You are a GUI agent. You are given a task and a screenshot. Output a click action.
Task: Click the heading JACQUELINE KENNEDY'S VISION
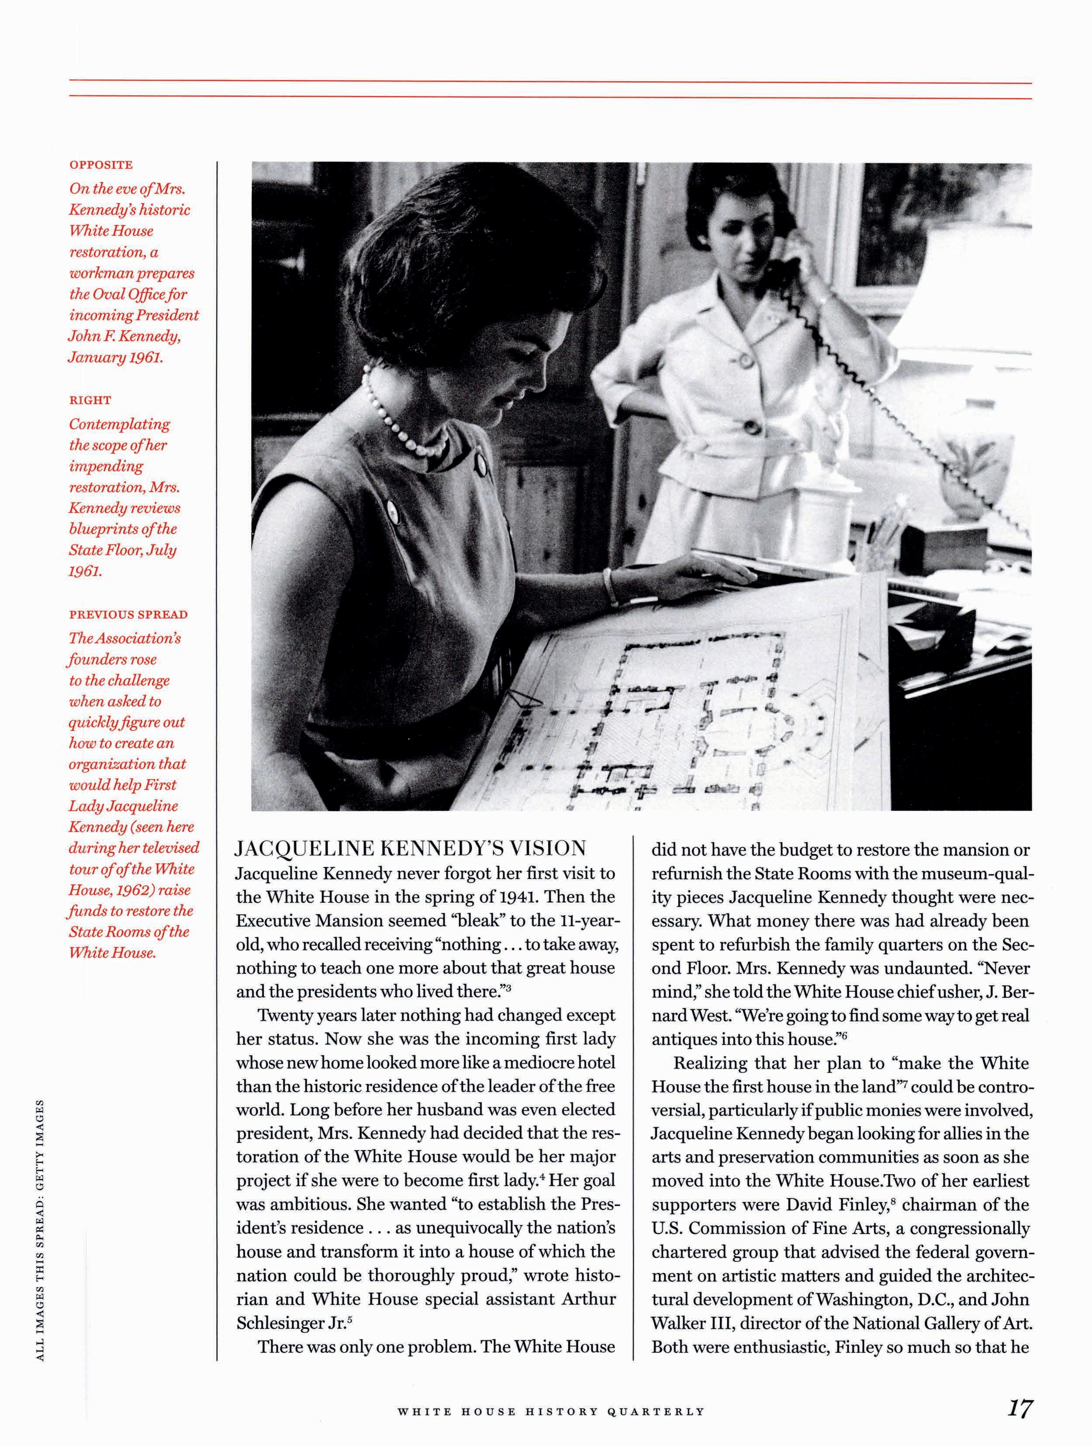click(411, 849)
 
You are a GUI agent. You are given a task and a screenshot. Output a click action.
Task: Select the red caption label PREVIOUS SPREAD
click(128, 614)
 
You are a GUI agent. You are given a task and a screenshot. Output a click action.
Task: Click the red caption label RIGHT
click(90, 400)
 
